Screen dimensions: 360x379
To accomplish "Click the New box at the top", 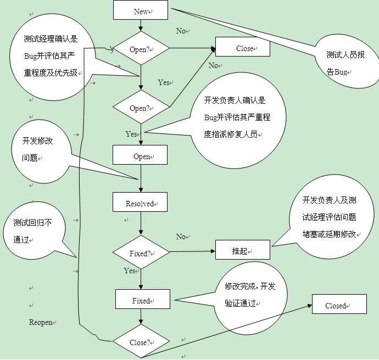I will pos(141,11).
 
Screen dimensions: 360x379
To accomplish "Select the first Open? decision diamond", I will pos(141,49).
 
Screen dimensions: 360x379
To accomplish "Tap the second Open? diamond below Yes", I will pos(141,108).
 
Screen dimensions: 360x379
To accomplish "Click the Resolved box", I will pos(140,203).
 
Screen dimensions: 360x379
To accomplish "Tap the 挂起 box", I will pos(242,250).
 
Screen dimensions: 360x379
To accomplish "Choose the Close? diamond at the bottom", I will pos(141,342).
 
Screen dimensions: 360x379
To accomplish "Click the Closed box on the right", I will pos(339,305).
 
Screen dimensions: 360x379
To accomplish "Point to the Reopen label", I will pos(41,323).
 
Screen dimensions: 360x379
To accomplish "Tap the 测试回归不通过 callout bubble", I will pos(37,230).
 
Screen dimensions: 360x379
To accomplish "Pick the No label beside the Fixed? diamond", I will pos(181,237).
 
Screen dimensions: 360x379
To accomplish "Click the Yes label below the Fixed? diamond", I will pos(130,271).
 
